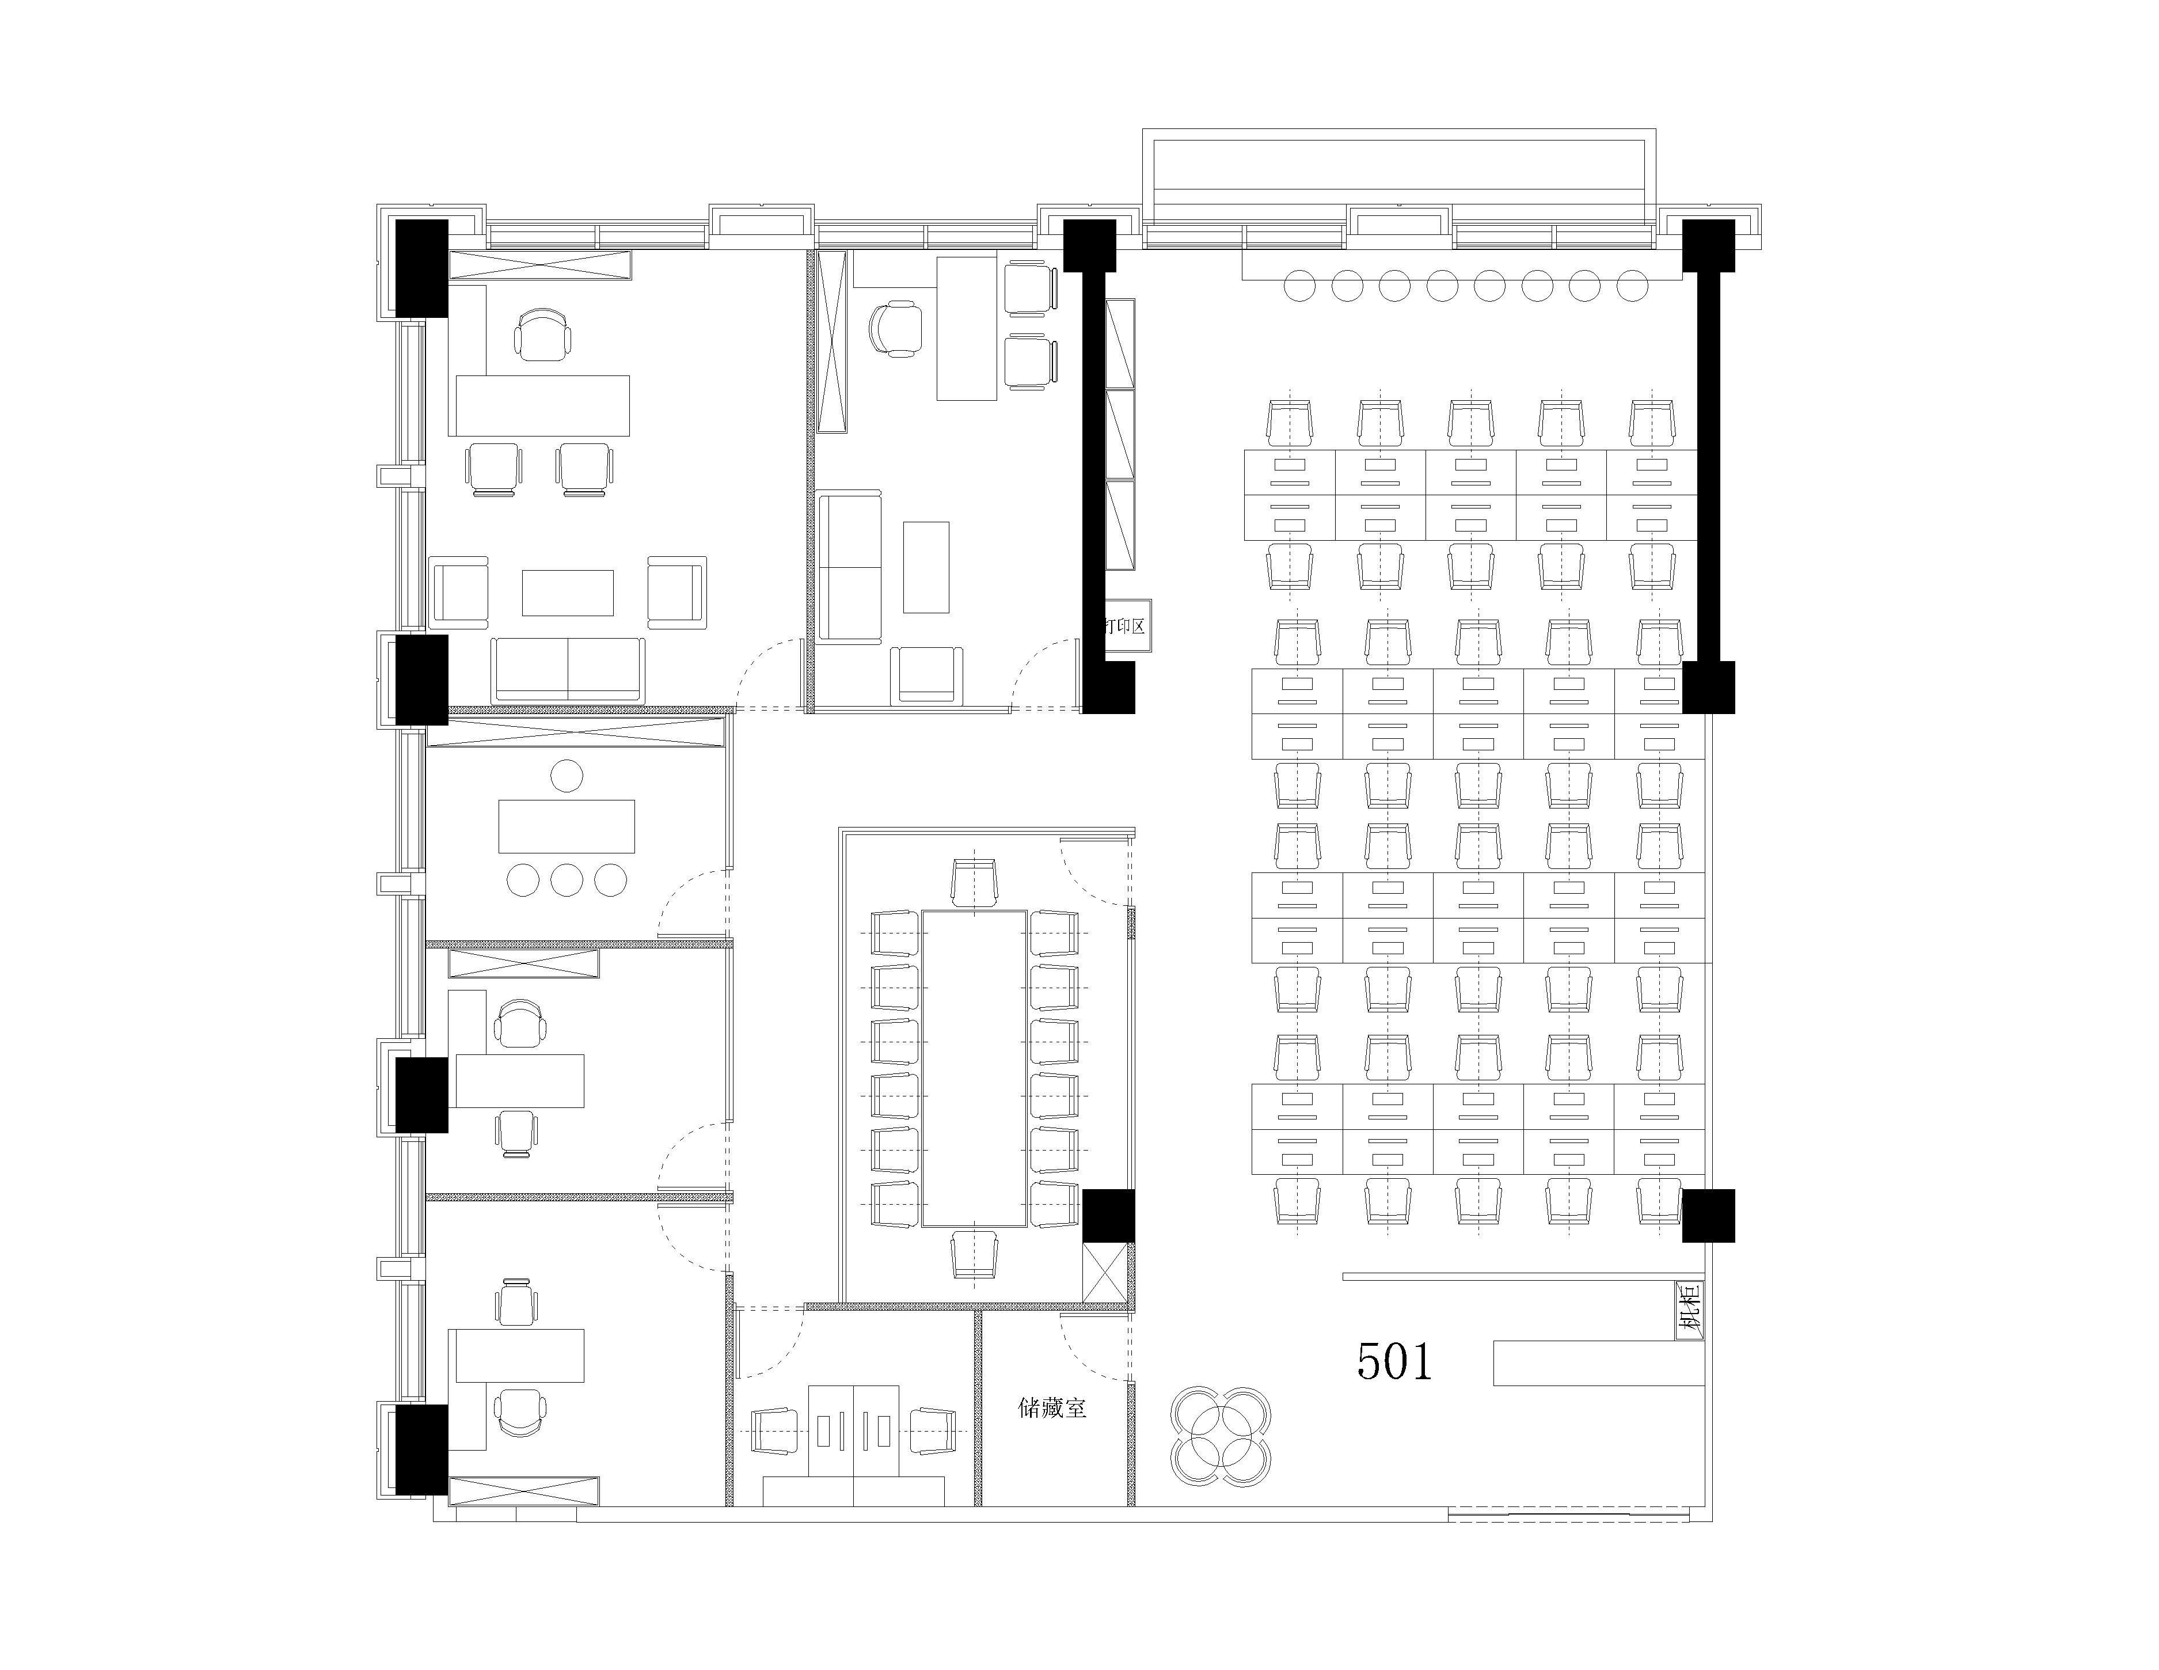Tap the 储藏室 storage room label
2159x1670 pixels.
coord(1052,1408)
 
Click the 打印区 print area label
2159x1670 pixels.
coord(1127,626)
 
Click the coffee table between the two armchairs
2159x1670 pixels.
coord(568,592)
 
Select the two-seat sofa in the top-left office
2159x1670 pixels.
coord(568,669)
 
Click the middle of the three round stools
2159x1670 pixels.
coord(567,879)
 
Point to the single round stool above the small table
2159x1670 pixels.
coord(567,775)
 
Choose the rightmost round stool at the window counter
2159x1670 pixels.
coord(1632,287)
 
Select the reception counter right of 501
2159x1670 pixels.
coord(1598,1362)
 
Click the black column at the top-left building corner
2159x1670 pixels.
coord(422,268)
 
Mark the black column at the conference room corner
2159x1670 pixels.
coord(1108,1215)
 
